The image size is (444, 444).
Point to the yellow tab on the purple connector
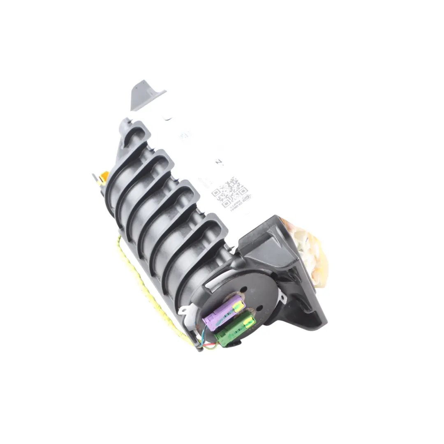coord(238,304)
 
